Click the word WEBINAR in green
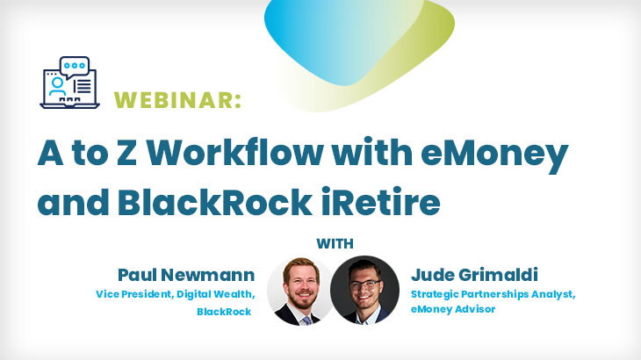coord(175,100)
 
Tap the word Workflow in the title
coord(234,154)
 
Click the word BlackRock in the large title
coord(214,201)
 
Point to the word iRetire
coord(380,201)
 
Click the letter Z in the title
coord(126,154)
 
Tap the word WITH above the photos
coord(335,244)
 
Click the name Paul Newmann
coord(186,275)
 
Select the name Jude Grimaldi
coord(474,275)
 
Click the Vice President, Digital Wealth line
coord(176,294)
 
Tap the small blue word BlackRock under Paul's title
coord(224,312)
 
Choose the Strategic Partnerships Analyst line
coord(493,294)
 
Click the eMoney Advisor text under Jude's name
coord(453,309)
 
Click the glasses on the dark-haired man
coord(364,284)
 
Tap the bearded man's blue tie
coord(306,320)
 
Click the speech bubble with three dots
coord(75,67)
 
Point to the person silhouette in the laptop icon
coord(57,87)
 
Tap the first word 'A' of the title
coord(50,154)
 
